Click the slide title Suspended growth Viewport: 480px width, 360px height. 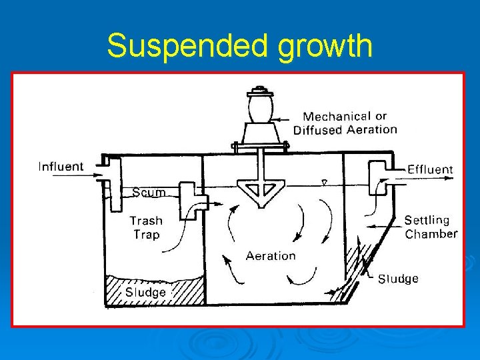pos(239,46)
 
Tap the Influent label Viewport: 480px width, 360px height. pos(61,167)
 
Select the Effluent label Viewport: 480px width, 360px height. pos(430,169)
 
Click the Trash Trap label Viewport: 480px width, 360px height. pos(145,227)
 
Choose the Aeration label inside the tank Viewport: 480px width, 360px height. pos(271,256)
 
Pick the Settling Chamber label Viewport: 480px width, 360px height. pos(431,227)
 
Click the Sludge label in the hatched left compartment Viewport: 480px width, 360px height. pos(145,292)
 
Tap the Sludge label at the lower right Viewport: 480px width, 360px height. pos(398,279)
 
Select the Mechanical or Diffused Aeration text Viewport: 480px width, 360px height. pos(345,123)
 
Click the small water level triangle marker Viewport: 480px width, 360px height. pos(324,182)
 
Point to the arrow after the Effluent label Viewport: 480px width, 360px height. pos(398,170)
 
